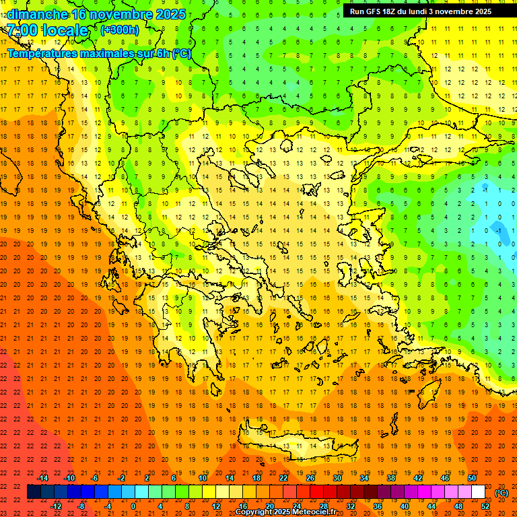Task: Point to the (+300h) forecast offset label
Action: click(119, 30)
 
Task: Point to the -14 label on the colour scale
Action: click(42, 478)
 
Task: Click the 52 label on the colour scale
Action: click(485, 506)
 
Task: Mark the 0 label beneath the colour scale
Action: click(133, 506)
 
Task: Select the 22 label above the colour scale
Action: click(283, 478)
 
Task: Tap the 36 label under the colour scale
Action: click(378, 506)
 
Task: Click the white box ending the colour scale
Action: click(479, 492)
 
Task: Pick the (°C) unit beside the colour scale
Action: click(501, 493)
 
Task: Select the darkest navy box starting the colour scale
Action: click(34, 492)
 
